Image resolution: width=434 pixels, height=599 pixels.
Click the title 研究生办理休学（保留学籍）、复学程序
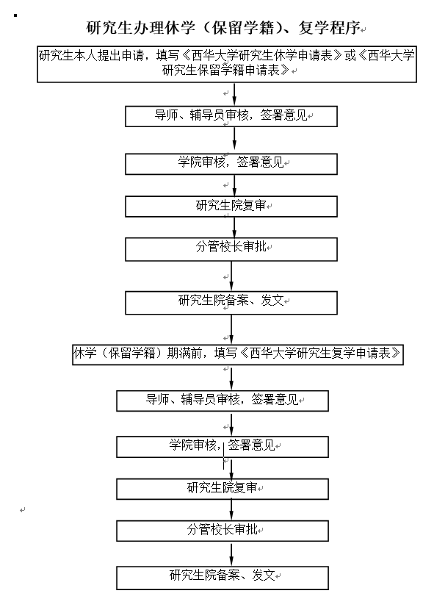click(x=224, y=27)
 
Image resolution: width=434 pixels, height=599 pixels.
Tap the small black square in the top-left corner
click(x=15, y=15)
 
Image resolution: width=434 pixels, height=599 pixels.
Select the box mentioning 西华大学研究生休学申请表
click(x=227, y=64)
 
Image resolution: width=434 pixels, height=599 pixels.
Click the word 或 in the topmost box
click(x=350, y=56)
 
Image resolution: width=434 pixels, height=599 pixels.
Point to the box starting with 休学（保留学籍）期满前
click(x=238, y=354)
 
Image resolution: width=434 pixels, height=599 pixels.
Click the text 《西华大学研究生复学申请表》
click(x=320, y=353)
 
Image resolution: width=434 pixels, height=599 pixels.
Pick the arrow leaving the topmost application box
click(x=234, y=94)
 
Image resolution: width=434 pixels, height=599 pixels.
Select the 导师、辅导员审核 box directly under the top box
click(x=231, y=116)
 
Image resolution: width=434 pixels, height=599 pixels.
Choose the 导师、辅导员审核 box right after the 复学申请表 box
click(x=223, y=401)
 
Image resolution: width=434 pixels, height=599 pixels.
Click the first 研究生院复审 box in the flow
click(x=231, y=207)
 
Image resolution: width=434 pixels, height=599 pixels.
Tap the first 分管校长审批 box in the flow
click(x=231, y=249)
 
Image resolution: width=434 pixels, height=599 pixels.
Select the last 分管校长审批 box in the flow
click(x=223, y=531)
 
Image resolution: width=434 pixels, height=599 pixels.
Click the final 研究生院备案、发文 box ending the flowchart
click(x=223, y=578)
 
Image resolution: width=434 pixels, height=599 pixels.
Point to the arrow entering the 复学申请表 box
click(x=231, y=330)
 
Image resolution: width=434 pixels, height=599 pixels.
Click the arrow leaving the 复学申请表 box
click(x=231, y=378)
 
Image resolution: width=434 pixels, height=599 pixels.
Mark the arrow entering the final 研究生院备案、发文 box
click(x=231, y=554)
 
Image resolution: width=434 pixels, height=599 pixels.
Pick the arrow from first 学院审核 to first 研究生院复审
click(x=234, y=185)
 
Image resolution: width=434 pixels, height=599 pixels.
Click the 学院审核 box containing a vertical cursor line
click(x=223, y=447)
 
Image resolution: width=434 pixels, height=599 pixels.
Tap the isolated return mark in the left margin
click(x=23, y=510)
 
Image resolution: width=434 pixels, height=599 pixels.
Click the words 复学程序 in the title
click(x=329, y=27)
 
